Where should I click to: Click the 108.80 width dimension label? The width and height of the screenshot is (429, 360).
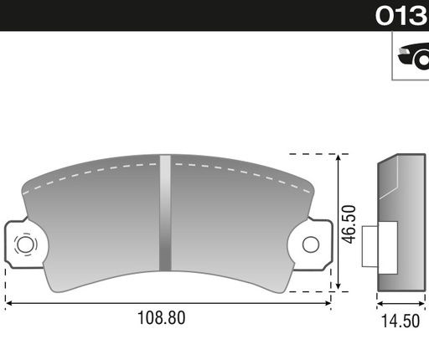160,318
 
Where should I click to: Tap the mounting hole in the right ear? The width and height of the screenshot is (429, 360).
311,244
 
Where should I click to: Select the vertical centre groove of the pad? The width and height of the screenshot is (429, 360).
165,213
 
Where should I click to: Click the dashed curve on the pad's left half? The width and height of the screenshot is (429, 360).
84,173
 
